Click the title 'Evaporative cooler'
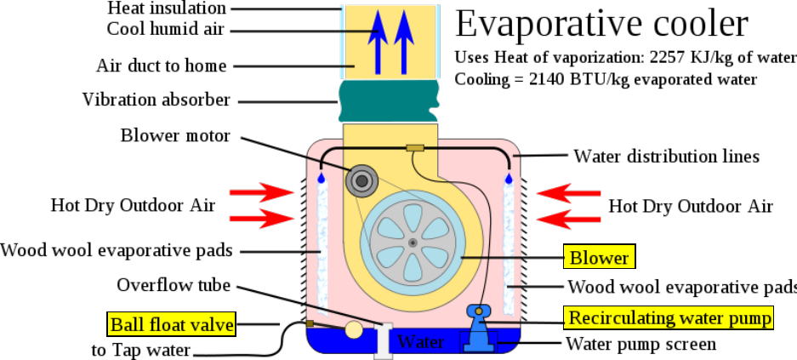(x=601, y=24)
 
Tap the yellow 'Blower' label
(x=600, y=257)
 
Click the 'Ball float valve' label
(x=171, y=323)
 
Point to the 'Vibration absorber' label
(x=157, y=100)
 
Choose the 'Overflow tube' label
(x=174, y=285)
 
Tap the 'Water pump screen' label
(x=640, y=344)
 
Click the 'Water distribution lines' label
(x=666, y=157)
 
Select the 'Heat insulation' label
(x=167, y=9)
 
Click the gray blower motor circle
(x=362, y=179)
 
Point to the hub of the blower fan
(x=413, y=243)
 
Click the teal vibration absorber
(x=388, y=101)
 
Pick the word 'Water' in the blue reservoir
(x=421, y=342)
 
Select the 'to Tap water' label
(x=141, y=350)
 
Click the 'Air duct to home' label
(x=162, y=66)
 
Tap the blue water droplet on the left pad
(x=320, y=179)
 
